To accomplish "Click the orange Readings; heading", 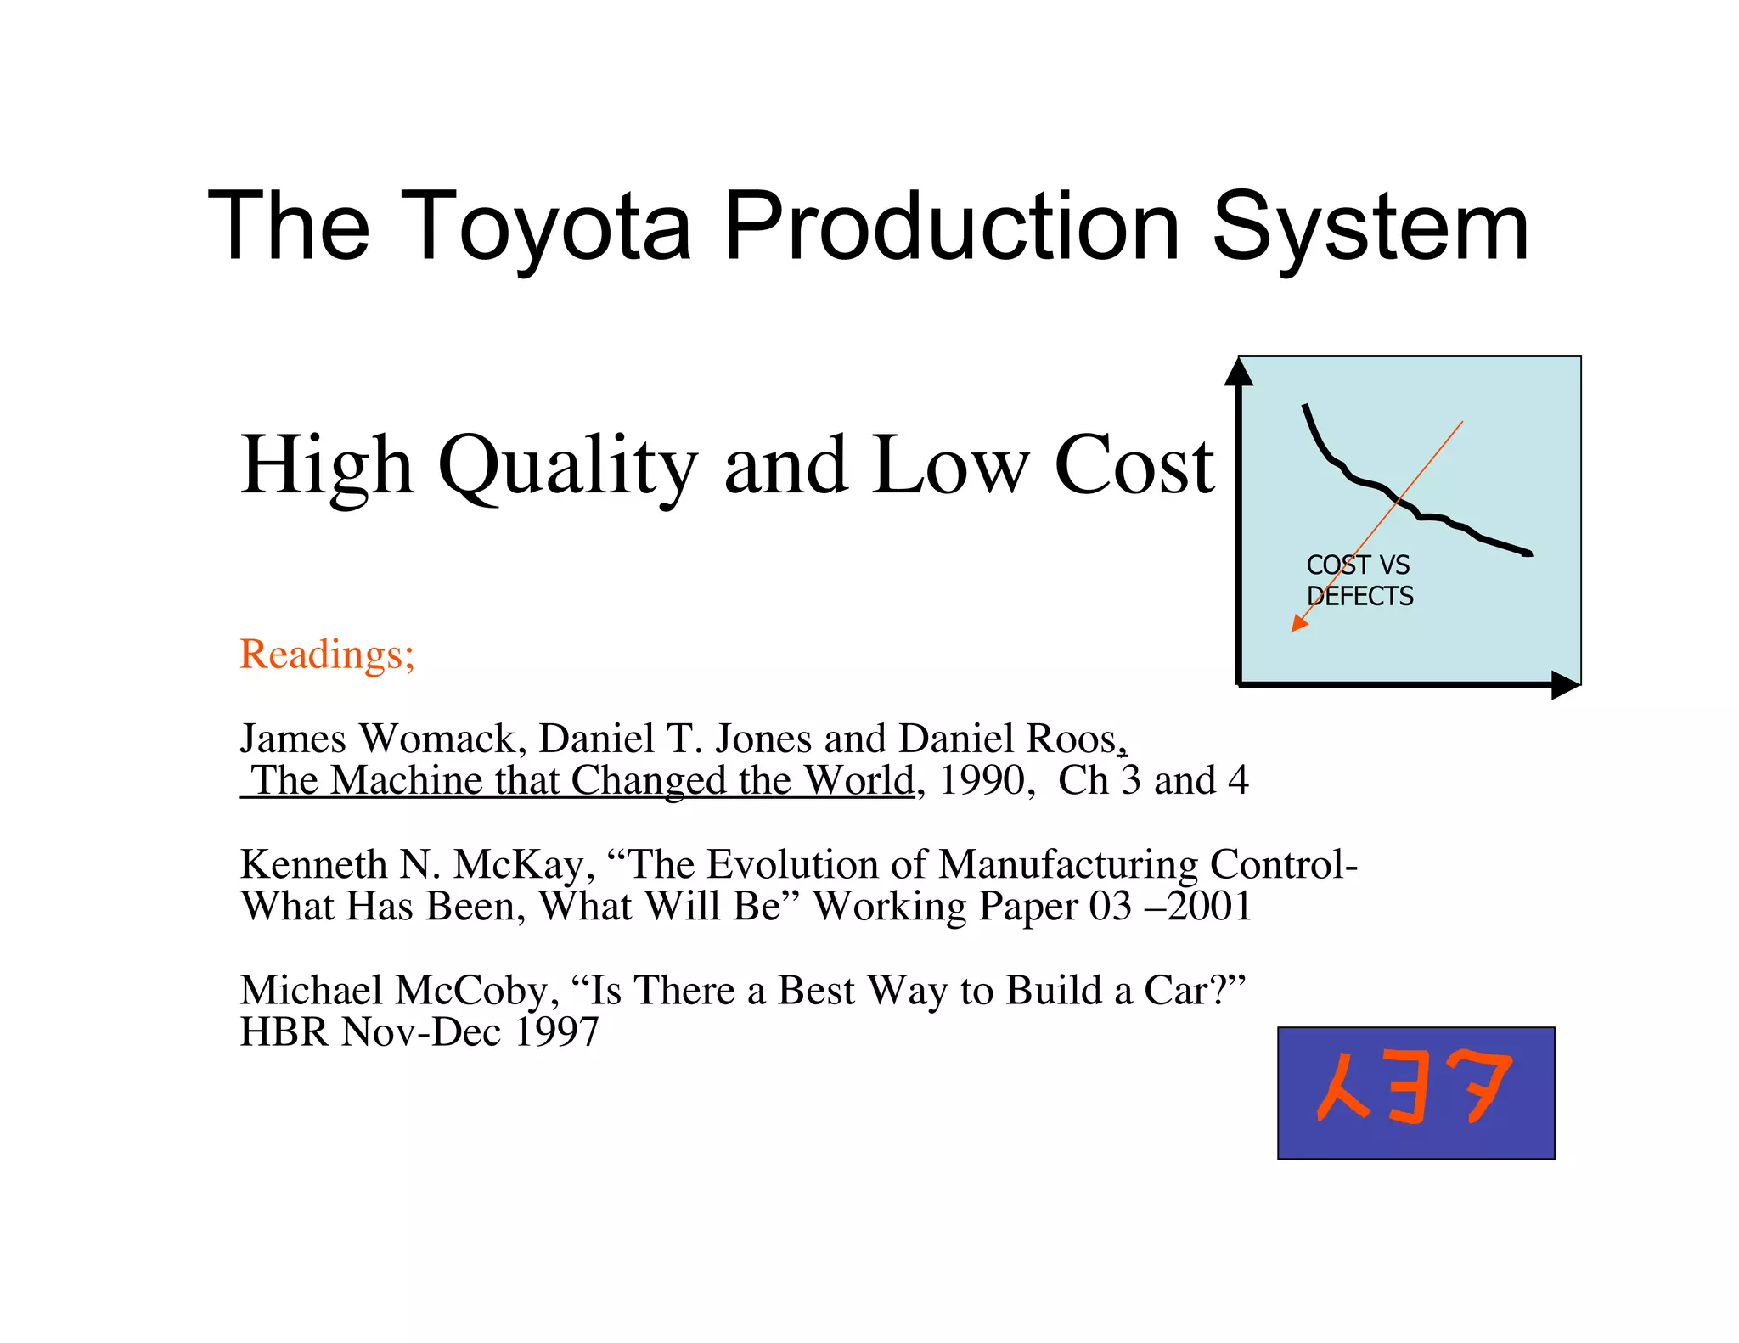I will point(327,655).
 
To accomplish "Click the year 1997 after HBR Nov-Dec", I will point(556,1032).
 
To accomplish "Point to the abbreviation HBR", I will point(284,1032).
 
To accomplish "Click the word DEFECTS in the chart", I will point(1360,597).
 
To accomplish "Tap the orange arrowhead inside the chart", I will point(1298,624).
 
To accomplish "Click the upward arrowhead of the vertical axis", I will point(1239,373).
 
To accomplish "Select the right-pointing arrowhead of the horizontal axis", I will point(1564,684).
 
